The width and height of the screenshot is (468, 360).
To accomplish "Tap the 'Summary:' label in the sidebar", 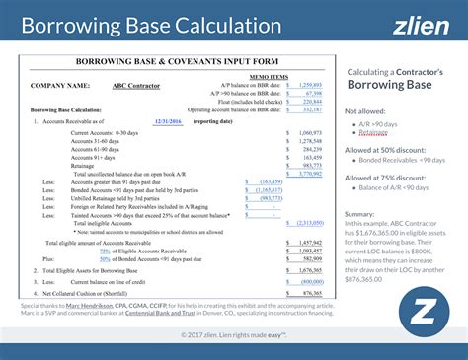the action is (360, 213).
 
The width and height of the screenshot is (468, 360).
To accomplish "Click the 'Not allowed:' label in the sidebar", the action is (364, 111).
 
